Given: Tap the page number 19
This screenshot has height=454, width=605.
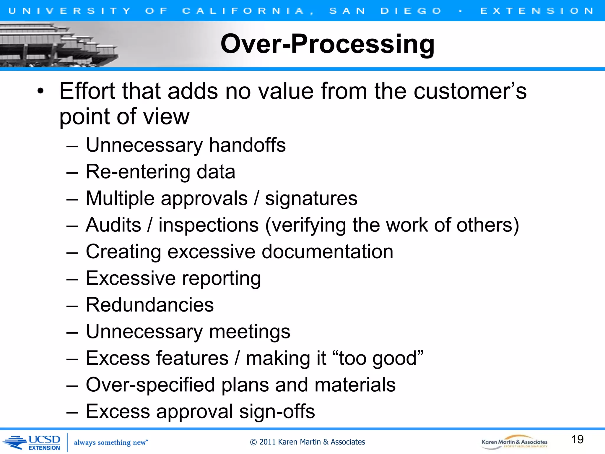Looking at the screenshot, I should pyautogui.click(x=577, y=440).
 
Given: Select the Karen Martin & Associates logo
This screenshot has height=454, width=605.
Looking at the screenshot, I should pyautogui.click(x=514, y=442).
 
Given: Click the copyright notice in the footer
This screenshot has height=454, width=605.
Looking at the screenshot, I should pyautogui.click(x=307, y=442).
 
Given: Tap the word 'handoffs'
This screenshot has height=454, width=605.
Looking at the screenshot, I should pyautogui.click(x=247, y=145).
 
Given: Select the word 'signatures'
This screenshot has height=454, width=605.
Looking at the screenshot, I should pyautogui.click(x=311, y=198).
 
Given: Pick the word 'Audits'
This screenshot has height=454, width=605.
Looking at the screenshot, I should pyautogui.click(x=113, y=225).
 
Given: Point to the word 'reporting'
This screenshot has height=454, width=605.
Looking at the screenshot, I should pyautogui.click(x=221, y=279).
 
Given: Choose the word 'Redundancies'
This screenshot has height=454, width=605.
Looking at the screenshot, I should pyautogui.click(x=150, y=305).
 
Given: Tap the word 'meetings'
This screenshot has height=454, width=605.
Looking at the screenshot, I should pyautogui.click(x=250, y=332).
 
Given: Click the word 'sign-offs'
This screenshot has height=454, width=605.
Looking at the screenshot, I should pyautogui.click(x=277, y=411).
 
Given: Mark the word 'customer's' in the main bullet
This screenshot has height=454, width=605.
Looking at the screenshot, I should pyautogui.click(x=470, y=91).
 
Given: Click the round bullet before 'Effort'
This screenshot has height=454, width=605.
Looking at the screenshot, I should pyautogui.click(x=40, y=91).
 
